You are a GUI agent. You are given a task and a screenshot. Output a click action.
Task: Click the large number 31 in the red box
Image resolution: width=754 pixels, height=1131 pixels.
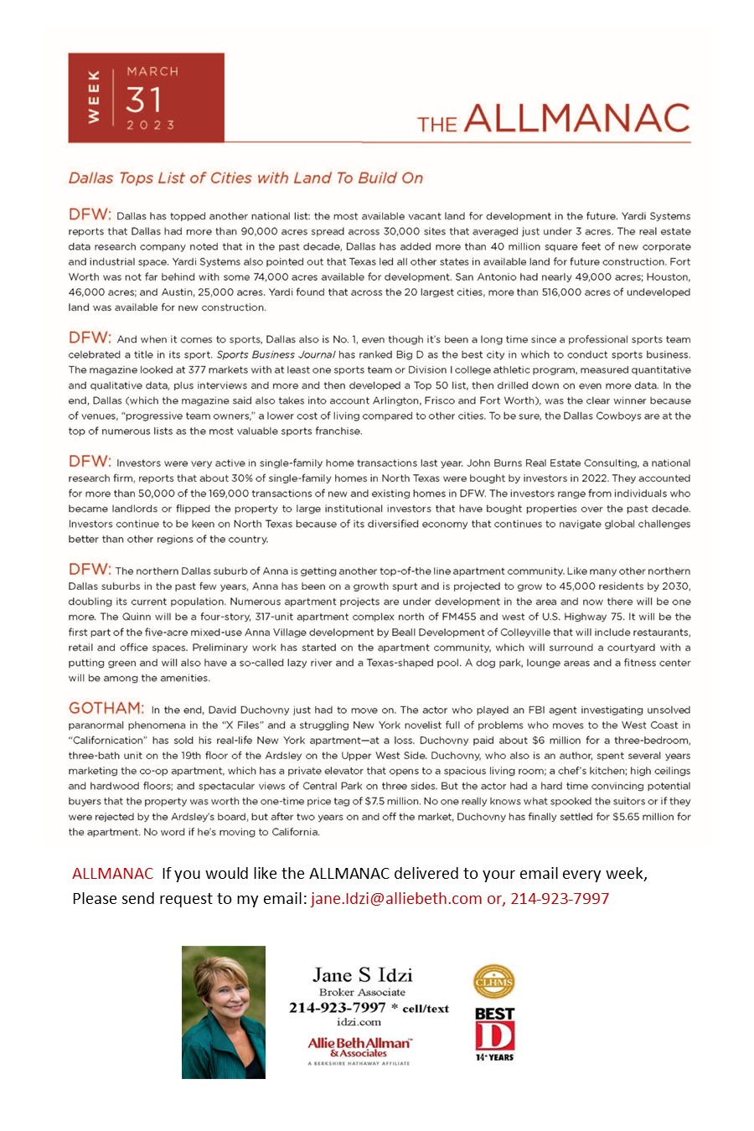pos(143,100)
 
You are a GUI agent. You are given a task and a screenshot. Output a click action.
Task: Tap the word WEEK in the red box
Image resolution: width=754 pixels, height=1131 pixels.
pos(94,98)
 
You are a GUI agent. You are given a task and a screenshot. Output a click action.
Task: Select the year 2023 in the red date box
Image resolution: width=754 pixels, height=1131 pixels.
pos(151,125)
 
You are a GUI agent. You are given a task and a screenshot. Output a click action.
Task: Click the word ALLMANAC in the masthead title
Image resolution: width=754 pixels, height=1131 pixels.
pos(576,118)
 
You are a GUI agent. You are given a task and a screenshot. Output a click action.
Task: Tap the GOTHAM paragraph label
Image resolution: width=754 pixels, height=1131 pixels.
pos(106,708)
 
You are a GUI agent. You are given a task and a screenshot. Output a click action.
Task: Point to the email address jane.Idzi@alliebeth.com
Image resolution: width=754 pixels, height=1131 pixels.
pos(396,898)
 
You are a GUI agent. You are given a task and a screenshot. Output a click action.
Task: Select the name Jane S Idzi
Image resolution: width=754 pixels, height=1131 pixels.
pos(362,974)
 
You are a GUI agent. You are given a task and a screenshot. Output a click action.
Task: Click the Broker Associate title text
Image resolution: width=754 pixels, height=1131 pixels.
pos(362,992)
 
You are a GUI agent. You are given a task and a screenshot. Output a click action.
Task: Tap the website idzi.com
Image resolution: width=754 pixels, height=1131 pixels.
pos(359,1021)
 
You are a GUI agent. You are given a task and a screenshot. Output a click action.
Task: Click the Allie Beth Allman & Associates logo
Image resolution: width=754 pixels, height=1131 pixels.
pos(359,1047)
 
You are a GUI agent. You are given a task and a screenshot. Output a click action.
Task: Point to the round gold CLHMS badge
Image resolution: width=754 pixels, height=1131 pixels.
pos(494,982)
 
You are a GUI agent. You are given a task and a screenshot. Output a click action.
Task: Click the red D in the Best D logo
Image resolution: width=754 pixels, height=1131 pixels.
pos(494,1036)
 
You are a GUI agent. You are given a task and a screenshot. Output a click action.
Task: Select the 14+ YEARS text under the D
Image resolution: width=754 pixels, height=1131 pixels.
pos(494,1057)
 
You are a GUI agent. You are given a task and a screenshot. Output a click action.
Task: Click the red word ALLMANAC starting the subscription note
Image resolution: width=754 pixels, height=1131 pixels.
pos(112,873)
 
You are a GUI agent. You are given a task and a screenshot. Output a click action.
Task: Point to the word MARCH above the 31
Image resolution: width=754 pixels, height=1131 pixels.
pos(152,72)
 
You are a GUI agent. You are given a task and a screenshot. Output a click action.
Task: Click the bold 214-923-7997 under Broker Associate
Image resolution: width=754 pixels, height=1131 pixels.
pos(337,1007)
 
